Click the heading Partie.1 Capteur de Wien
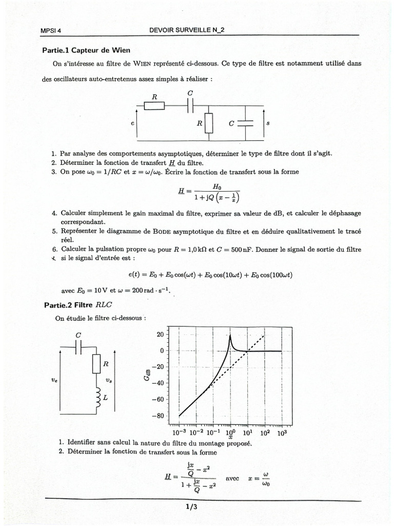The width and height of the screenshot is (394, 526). click(x=86, y=50)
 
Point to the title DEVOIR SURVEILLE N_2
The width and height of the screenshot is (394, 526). click(x=187, y=30)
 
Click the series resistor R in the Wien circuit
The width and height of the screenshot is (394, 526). click(x=154, y=105)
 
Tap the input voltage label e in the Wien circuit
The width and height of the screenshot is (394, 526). click(x=133, y=124)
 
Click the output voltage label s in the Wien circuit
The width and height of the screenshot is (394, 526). click(x=268, y=124)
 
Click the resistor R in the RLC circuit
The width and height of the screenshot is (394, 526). click(x=96, y=364)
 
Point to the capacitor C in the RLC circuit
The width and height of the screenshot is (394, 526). click(x=78, y=348)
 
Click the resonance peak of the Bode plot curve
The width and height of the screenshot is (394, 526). click(x=230, y=336)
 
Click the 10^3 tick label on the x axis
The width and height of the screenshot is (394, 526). click(x=282, y=433)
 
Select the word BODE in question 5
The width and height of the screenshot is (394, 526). click(x=164, y=231)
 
